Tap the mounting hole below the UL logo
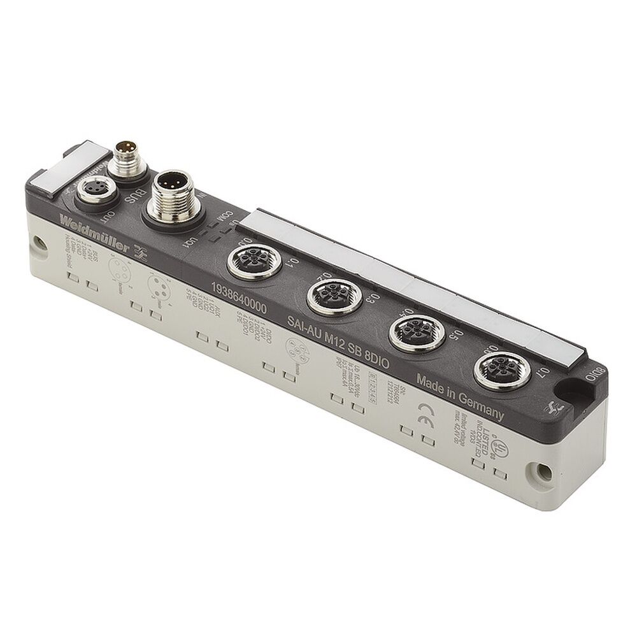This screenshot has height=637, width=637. pos(543,472)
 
